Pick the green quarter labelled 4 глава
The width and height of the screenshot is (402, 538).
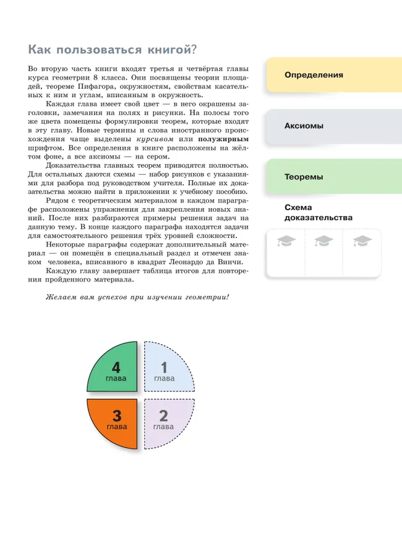point(114,370)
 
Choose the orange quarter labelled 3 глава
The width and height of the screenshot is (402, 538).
point(114,422)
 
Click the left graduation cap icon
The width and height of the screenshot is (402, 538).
point(287,241)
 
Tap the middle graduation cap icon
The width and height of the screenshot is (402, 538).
point(323,241)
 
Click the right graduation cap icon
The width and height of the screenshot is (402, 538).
point(362,241)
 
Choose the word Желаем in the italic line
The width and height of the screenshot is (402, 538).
point(59,297)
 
